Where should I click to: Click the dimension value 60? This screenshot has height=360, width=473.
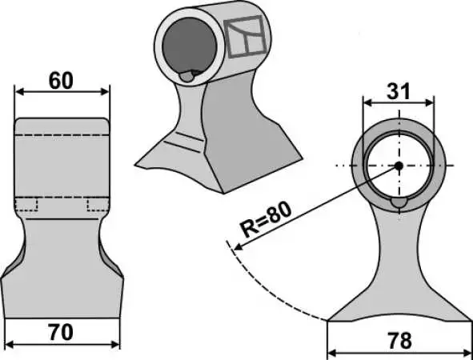click(x=61, y=81)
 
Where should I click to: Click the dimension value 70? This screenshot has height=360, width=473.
click(x=61, y=333)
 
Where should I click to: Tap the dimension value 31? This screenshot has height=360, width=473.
click(x=399, y=91)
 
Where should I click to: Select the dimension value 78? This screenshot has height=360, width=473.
click(x=400, y=341)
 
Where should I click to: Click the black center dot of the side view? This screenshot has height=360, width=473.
click(x=399, y=166)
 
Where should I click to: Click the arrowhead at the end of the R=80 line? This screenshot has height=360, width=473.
click(x=238, y=247)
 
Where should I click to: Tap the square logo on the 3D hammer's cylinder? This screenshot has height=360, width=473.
click(x=245, y=37)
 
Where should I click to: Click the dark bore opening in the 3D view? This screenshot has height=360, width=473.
click(x=190, y=46)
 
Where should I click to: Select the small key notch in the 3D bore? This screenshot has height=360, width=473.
click(x=187, y=77)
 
